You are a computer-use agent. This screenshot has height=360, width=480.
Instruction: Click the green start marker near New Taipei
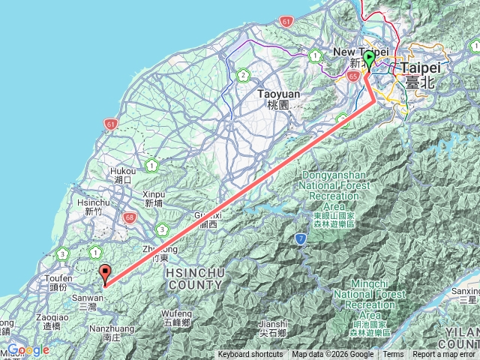point(369,60)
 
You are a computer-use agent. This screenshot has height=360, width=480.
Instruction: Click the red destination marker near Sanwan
point(105,274)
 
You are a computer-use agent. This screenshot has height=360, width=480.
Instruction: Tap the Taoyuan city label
point(277,99)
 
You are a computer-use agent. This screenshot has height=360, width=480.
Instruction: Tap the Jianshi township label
point(271,328)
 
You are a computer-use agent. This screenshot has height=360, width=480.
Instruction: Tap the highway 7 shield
point(300,239)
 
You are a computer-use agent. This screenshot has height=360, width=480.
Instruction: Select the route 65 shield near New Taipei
point(353,76)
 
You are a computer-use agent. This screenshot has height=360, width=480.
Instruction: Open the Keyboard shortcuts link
point(250,355)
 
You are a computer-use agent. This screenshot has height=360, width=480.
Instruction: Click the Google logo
point(28,349)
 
